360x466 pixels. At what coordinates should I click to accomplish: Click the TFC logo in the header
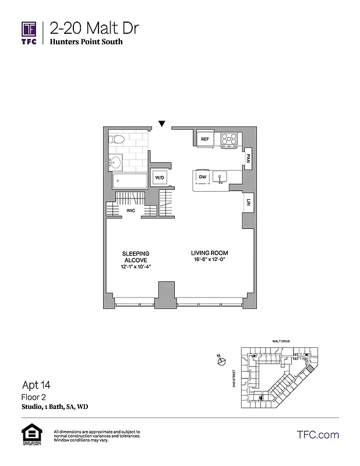pos(29,32)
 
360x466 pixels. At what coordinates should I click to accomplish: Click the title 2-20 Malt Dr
pos(94,27)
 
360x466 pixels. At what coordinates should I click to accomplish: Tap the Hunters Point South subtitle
pos(86,42)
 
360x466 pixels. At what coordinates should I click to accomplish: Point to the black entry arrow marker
pos(162,123)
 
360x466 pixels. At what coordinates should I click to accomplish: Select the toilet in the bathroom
pos(117,140)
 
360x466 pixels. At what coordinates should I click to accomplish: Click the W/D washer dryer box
pos(158,177)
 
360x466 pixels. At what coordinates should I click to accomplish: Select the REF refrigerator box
pos(204,139)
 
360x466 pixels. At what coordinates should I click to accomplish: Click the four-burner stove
pos(228,139)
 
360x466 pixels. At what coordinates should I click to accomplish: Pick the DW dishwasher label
pos(202,176)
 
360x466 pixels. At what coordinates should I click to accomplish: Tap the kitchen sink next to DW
pos(221,176)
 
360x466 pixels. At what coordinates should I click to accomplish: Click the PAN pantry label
pos(248,157)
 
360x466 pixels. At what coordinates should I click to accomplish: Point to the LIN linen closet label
pos(248,203)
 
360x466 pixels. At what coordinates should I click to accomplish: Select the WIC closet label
pos(132,211)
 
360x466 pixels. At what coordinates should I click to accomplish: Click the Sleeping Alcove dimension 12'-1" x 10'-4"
pos(136,266)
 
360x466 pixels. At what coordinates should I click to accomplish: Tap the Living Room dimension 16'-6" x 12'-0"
pos(210,260)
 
